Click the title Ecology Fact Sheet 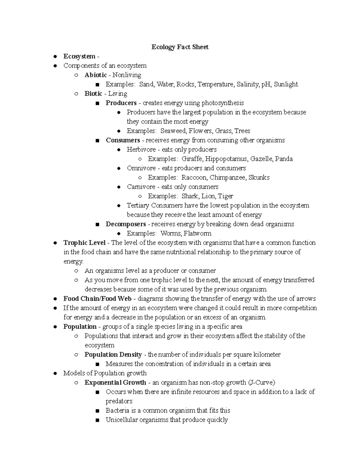pos(180,47)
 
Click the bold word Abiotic pos(95,75)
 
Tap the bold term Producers pos(121,103)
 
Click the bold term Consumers pos(123,140)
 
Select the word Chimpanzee pos(228,177)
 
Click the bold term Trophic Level pos(84,243)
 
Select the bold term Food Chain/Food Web pos(97,299)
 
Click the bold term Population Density pos(113,355)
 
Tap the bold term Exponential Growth pos(115,383)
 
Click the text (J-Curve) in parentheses pos(261,383)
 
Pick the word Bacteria pos(117,410)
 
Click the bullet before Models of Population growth pos(55,373)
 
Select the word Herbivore pos(141,149)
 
